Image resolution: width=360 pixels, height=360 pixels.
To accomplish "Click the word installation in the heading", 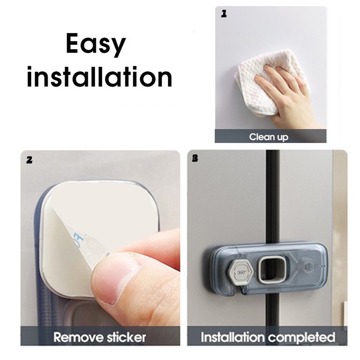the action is [99, 76].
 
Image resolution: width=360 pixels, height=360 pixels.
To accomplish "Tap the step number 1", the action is [224, 14].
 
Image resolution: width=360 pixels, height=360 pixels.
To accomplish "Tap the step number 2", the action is [29, 160].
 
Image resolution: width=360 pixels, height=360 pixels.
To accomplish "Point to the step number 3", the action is [195, 158].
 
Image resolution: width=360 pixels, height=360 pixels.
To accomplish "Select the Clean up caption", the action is [269, 137].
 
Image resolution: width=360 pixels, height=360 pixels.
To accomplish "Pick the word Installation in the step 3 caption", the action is [233, 337].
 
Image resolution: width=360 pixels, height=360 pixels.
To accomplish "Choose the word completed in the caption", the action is [301, 337].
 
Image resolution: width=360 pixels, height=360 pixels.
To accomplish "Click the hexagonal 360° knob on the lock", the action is [240, 272].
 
